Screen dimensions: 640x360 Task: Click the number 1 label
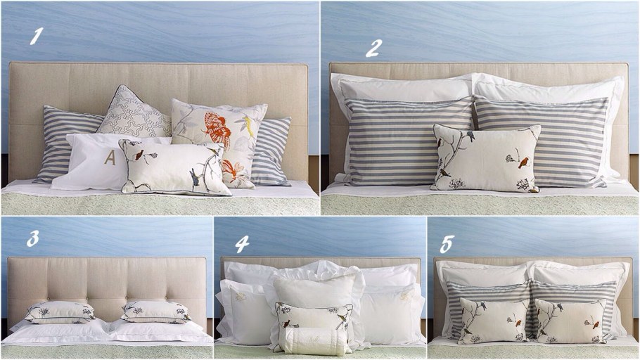[x=37, y=36]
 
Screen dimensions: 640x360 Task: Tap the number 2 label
[x=373, y=48]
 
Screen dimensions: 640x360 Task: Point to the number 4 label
[x=242, y=244]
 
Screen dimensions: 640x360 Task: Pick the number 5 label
[x=446, y=244]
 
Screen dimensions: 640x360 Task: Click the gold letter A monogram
[x=110, y=157]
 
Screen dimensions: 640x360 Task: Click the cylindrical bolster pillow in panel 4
[x=314, y=341]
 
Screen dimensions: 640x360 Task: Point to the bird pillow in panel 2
[x=486, y=159]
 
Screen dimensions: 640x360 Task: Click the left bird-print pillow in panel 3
[x=60, y=312]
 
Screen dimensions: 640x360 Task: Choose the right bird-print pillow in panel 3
[x=156, y=312]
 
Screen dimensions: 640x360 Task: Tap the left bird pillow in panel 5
[x=494, y=321]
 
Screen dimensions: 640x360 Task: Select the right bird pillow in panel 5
[x=570, y=321]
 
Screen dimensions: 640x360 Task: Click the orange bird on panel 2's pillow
[x=523, y=162]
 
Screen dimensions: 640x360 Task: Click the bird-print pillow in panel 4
[x=314, y=319]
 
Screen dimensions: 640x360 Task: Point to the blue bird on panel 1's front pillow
[x=194, y=176]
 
